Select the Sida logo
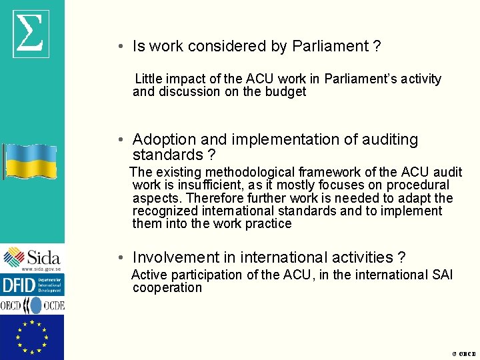[x=32, y=257]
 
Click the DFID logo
[x=32, y=285]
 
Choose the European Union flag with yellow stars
[x=32, y=337]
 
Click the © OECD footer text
[x=464, y=354]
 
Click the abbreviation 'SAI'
[x=441, y=275]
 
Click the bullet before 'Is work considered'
[x=117, y=47]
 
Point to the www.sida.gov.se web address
[x=41, y=269]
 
